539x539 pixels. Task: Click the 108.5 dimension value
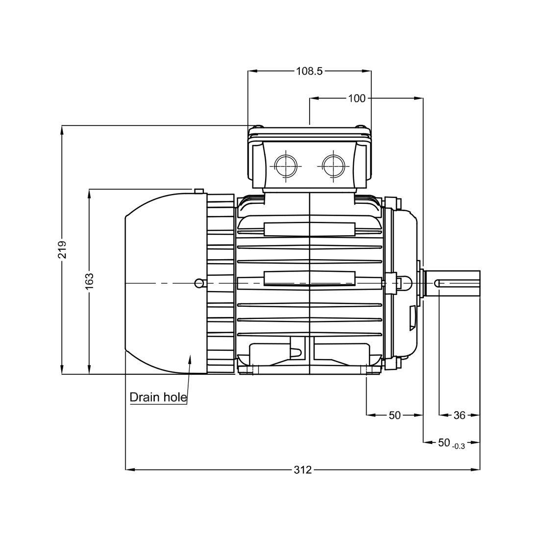tap(309, 71)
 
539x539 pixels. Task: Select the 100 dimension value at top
tap(357, 98)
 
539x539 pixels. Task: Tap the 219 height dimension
tap(62, 250)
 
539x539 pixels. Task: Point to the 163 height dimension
tap(89, 281)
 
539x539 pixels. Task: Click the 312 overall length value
tap(302, 470)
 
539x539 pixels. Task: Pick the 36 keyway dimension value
tap(459, 416)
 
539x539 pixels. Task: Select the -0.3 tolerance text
tap(459, 446)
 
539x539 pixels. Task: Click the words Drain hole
tap(158, 397)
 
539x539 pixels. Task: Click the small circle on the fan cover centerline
tap(199, 283)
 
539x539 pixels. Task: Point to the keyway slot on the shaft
tap(457, 283)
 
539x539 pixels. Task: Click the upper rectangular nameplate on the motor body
tap(309, 229)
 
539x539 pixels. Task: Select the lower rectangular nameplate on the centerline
tap(309, 278)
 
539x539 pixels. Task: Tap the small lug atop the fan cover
tap(199, 191)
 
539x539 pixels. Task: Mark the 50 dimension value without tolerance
tap(395, 416)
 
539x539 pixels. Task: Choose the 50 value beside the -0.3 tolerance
tap(444, 442)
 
